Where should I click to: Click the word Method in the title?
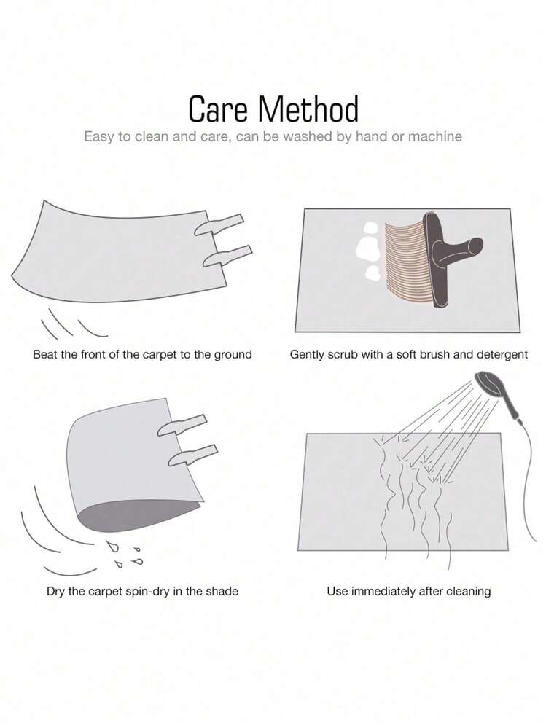308,109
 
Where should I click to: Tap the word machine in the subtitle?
435,136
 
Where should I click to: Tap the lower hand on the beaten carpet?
227,256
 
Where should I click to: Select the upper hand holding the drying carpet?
182,426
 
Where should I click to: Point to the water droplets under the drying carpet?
123,553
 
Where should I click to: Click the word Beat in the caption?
45,355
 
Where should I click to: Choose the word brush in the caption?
435,355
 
